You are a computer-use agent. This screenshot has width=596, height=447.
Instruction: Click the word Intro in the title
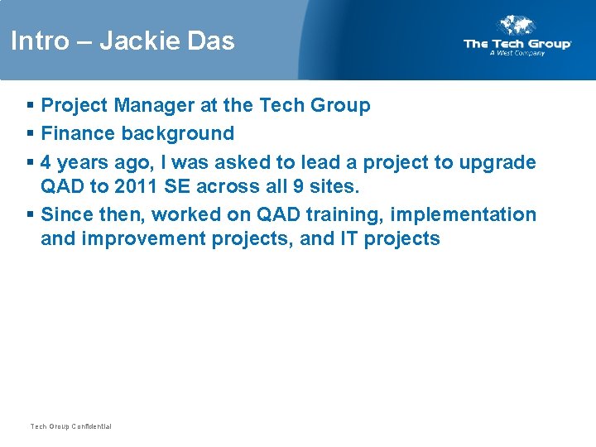click(x=38, y=41)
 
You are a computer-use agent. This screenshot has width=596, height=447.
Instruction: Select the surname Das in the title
click(x=212, y=41)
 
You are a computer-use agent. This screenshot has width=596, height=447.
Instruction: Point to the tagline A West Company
click(x=517, y=53)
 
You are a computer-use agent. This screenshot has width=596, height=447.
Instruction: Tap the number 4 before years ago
click(x=46, y=162)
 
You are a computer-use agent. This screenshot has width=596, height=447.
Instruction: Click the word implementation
click(x=463, y=214)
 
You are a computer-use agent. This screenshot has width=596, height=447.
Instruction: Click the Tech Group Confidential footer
click(x=70, y=426)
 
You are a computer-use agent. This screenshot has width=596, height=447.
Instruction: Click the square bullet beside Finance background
click(x=30, y=134)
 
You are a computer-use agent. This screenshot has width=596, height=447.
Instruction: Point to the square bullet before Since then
click(x=30, y=215)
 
